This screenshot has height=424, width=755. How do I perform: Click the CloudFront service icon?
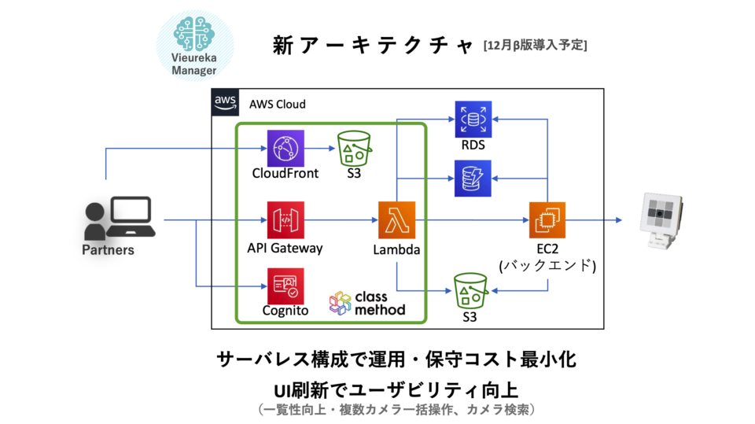click(x=285, y=149)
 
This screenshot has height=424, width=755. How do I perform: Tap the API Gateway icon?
click(x=285, y=220)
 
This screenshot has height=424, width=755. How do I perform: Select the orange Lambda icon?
click(x=396, y=220)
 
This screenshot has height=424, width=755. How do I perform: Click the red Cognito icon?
click(x=285, y=286)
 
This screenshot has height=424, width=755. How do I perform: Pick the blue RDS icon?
click(x=473, y=119)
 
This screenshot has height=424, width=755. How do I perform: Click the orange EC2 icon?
click(x=547, y=220)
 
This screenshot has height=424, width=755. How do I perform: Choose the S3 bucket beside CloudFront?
click(x=354, y=149)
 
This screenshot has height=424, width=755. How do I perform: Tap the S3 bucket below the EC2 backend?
click(x=470, y=291)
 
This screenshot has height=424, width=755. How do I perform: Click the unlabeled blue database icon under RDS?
click(x=473, y=179)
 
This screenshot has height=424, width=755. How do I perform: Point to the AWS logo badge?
click(x=225, y=102)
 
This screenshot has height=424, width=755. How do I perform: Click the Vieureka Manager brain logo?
click(x=194, y=34)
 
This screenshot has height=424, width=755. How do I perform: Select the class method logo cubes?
click(x=340, y=303)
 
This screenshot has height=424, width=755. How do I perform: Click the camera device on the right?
click(x=662, y=220)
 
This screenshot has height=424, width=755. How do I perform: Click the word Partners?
click(x=108, y=249)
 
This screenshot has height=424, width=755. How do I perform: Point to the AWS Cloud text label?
click(x=278, y=104)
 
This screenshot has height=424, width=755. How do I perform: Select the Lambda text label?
click(x=396, y=249)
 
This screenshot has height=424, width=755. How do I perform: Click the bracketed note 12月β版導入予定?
click(x=535, y=46)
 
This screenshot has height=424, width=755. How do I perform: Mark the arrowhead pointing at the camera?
click(x=619, y=220)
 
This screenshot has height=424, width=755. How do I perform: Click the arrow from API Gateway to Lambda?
click(x=341, y=220)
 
